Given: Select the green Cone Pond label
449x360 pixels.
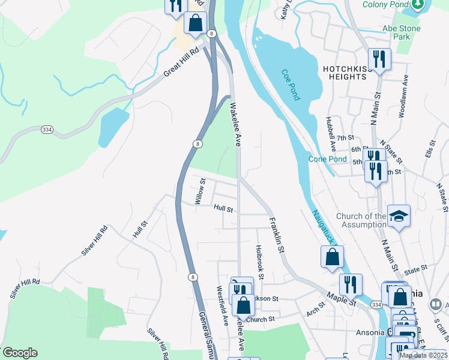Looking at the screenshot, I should coord(328,159).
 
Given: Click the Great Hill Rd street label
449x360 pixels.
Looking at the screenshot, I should coord(181,64).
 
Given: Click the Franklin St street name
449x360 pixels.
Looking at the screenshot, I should coord(276,235).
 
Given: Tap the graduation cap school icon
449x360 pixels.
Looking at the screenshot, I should coord(399,215).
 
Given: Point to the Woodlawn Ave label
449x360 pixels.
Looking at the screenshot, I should coord(402,95).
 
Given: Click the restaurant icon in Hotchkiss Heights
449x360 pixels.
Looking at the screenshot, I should coord(379,59).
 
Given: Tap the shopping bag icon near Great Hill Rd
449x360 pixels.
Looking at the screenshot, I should coord(195,23).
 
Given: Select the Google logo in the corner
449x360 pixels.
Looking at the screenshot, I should coord(19,353).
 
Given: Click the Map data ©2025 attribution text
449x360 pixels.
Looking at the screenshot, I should coord(423,355).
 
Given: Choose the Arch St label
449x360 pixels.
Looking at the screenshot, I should coord(315,308).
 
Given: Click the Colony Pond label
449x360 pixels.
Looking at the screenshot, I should coord(385,5).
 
